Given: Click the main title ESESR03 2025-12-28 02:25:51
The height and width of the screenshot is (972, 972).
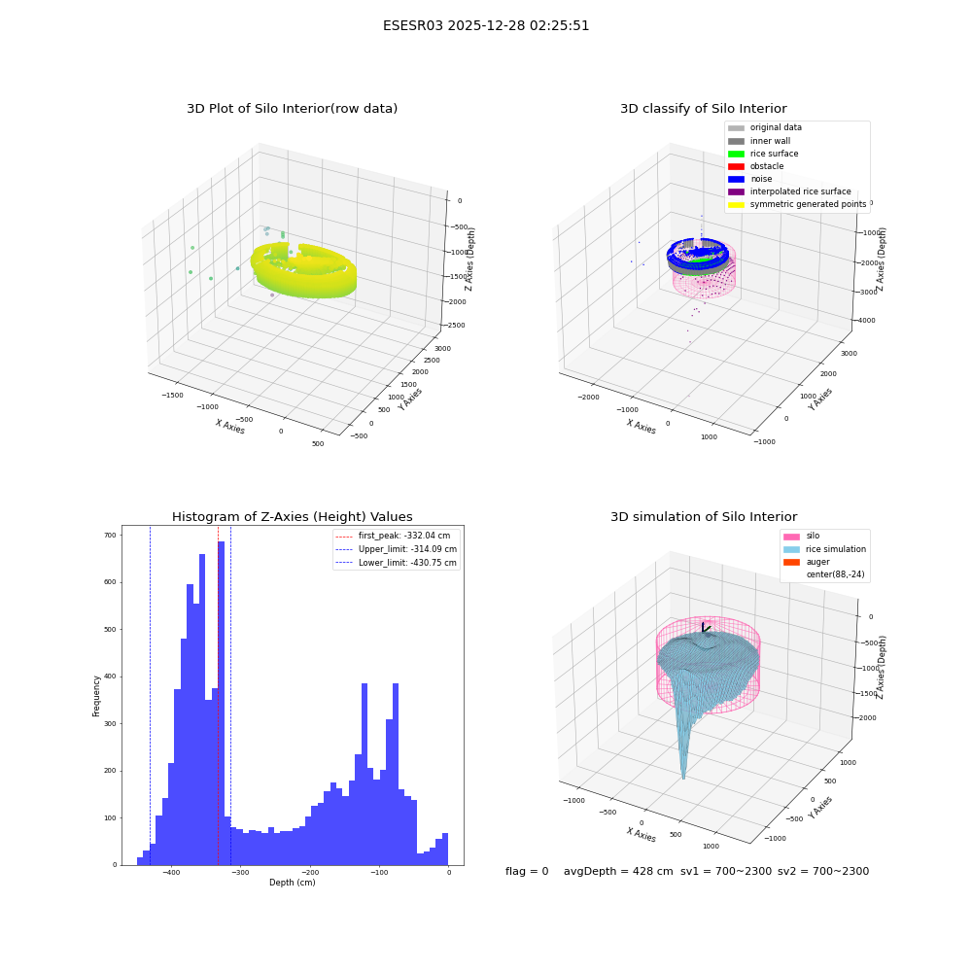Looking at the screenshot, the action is (486, 25).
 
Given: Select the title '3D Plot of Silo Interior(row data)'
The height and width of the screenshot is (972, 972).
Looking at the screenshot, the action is (292, 109).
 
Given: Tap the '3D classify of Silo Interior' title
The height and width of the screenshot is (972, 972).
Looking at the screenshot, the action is (704, 109).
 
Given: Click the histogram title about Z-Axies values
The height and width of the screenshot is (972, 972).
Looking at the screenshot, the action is (292, 516).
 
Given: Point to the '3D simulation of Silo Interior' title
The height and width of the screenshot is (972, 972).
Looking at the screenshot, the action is (704, 516).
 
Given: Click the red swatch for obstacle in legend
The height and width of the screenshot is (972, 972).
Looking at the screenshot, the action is (736, 166).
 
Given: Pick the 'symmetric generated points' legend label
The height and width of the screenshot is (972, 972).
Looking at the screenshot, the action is (809, 204).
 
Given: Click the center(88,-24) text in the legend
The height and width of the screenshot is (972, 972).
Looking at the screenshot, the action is (835, 574).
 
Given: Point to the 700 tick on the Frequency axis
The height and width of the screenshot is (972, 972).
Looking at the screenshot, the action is (111, 535).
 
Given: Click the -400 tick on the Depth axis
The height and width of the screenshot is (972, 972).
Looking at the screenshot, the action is (171, 873).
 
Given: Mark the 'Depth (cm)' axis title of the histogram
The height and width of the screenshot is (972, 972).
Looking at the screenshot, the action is (292, 883).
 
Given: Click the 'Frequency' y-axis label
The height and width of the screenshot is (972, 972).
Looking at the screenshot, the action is (96, 696).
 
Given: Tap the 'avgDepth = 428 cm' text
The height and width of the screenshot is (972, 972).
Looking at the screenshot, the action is (618, 871).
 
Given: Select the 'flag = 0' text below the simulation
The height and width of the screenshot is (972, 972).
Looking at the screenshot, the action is (527, 871).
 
